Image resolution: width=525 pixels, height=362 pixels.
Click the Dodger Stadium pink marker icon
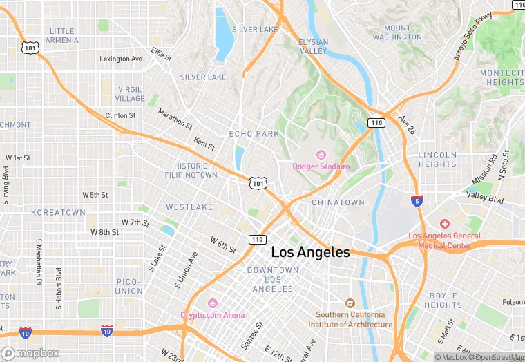pyautogui.click(x=321, y=155)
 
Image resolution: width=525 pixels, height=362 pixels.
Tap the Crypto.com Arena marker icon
pyautogui.click(x=213, y=303)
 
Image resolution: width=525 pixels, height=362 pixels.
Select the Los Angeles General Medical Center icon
pyautogui.click(x=445, y=224)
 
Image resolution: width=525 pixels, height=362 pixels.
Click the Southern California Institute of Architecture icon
pyautogui.click(x=350, y=303)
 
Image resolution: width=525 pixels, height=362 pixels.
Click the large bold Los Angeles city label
pyautogui.click(x=310, y=253)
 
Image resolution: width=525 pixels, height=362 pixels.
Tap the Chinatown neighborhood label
pyautogui.click(x=338, y=202)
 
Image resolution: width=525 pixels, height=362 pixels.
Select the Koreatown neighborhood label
pyautogui.click(x=58, y=212)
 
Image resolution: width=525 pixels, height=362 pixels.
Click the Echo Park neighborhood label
pyautogui.click(x=254, y=133)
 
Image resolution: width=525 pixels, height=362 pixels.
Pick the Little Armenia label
pyautogui.click(x=62, y=36)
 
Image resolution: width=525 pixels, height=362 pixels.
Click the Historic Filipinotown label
pyautogui.click(x=191, y=171)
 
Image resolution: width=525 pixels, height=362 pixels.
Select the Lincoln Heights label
pyautogui.click(x=437, y=160)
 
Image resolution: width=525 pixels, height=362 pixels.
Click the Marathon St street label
pyautogui.click(x=175, y=119)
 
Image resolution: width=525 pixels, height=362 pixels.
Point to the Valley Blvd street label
pyautogui.click(x=486, y=196)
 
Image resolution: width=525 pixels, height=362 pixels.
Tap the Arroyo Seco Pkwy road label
pyautogui.click(x=477, y=36)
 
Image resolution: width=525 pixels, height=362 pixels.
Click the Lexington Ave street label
pyautogui.click(x=121, y=59)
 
